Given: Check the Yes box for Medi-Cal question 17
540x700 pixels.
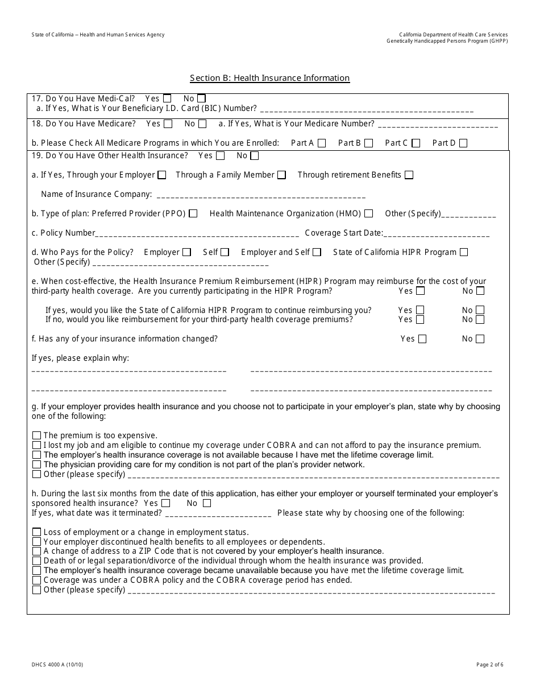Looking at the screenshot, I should (x=167, y=98).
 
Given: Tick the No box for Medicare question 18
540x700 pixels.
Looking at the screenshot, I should (x=202, y=124).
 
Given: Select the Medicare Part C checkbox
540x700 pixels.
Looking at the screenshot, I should (x=416, y=143).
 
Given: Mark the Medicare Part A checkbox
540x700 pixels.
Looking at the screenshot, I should (x=322, y=143).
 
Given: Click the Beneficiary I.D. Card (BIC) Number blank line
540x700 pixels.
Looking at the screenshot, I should (x=367, y=110).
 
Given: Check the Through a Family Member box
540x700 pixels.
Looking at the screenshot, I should (x=282, y=175).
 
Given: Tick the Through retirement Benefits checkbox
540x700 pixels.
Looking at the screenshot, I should (x=409, y=175).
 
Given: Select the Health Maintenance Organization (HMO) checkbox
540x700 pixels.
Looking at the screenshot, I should (x=369, y=214).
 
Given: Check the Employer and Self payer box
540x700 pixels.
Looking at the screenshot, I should (x=317, y=252).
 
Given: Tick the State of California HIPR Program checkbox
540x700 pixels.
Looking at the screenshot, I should (x=464, y=252).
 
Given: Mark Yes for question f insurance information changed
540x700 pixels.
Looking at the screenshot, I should (x=422, y=339).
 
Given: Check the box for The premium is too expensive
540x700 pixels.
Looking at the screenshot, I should (x=37, y=436).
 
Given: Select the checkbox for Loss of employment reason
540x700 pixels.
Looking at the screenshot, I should (x=37, y=533).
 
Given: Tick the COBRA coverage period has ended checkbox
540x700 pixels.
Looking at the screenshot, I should (x=37, y=580).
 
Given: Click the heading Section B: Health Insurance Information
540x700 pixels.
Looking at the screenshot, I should (x=269, y=78).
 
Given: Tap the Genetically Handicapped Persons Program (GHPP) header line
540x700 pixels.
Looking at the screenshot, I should (x=447, y=41).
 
